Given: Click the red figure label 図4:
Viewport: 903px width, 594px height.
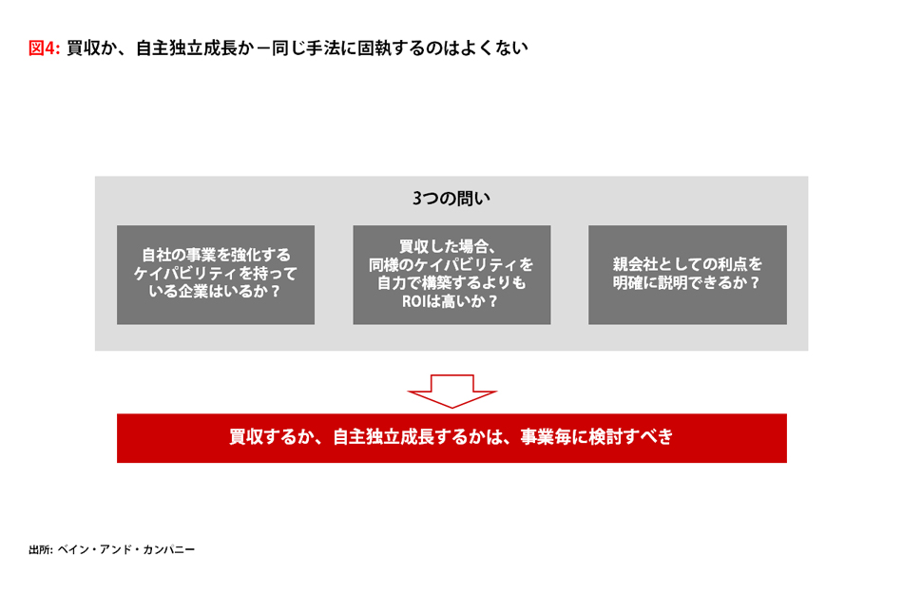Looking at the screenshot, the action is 45,48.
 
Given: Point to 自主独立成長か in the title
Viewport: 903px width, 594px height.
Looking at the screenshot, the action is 195,48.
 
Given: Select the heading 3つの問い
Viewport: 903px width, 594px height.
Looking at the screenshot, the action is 451,198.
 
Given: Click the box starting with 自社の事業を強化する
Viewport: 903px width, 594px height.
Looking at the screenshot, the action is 216,275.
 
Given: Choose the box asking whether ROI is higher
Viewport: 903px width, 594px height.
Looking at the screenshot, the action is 451,275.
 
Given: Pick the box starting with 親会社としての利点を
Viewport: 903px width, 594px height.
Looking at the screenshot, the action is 687,275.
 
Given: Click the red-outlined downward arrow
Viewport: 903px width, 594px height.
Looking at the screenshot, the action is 451,391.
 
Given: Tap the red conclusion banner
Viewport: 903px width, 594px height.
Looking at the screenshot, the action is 451,438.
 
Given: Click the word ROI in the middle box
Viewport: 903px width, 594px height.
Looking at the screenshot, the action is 413,301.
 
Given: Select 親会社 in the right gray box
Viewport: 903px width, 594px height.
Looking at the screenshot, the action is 635,264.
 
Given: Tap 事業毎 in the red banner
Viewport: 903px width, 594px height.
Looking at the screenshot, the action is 546,437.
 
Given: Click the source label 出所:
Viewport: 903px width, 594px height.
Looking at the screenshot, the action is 41,549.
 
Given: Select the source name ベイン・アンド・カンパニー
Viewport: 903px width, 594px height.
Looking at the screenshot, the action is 126,549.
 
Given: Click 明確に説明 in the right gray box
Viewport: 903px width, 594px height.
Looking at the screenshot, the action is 649,282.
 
